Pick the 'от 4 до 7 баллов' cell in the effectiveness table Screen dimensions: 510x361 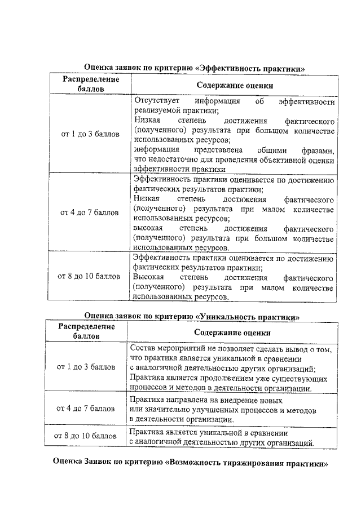(90, 213)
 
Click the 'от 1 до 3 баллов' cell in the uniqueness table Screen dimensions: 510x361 (87, 367)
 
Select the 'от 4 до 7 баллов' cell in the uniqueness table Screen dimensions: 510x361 (87, 408)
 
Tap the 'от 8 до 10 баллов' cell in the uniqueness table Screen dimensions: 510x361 (87, 436)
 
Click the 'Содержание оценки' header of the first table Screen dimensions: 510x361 (235, 86)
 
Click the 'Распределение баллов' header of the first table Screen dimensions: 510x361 (90, 85)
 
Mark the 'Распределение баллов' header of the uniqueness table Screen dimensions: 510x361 (87, 331)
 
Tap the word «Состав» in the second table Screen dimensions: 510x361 (141, 349)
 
